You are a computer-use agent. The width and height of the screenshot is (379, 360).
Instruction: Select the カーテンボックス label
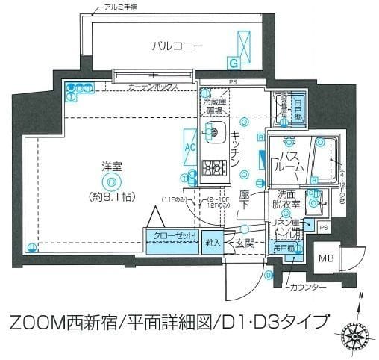tap(154, 87)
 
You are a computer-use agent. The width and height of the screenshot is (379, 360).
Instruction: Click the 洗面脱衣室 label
tap(284, 199)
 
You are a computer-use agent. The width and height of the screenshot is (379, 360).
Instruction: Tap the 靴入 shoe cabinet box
tap(212, 242)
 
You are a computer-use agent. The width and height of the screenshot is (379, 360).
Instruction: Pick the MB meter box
tap(326, 258)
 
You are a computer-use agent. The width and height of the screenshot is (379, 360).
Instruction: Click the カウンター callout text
tap(309, 287)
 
